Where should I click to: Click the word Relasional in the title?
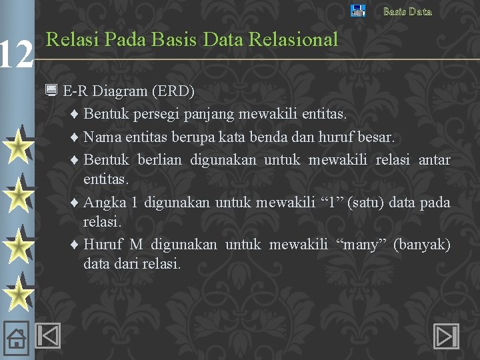pyautogui.click(x=293, y=40)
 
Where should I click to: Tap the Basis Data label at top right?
pyautogui.click(x=407, y=11)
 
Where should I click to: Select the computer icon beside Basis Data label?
pyautogui.click(x=358, y=11)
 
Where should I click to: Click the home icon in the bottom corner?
pyautogui.click(x=17, y=338)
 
